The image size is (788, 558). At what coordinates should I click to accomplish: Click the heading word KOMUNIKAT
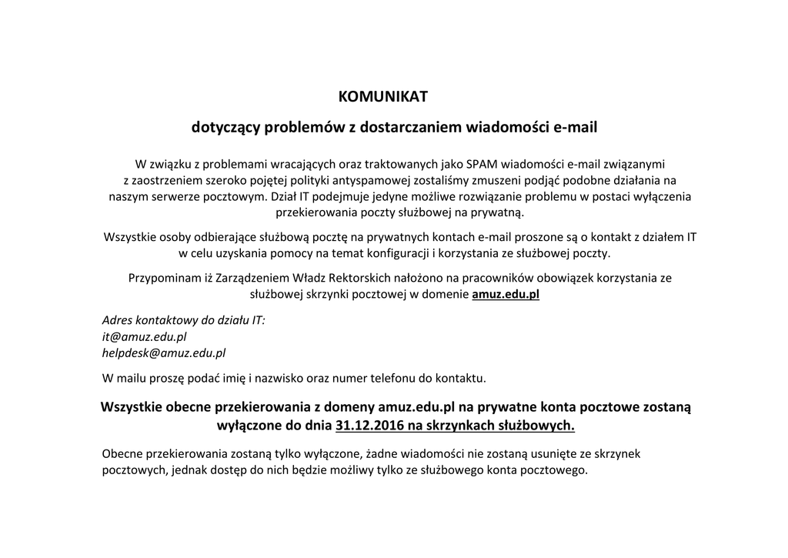pos(382,97)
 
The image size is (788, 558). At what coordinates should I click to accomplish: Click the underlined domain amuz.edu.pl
pos(506,293)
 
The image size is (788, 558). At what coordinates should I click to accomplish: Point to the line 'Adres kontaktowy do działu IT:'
pos(183,320)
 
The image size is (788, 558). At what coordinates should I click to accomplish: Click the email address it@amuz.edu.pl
pos(144,336)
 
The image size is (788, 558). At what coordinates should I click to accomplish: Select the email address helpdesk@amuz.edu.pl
pos(164,353)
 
